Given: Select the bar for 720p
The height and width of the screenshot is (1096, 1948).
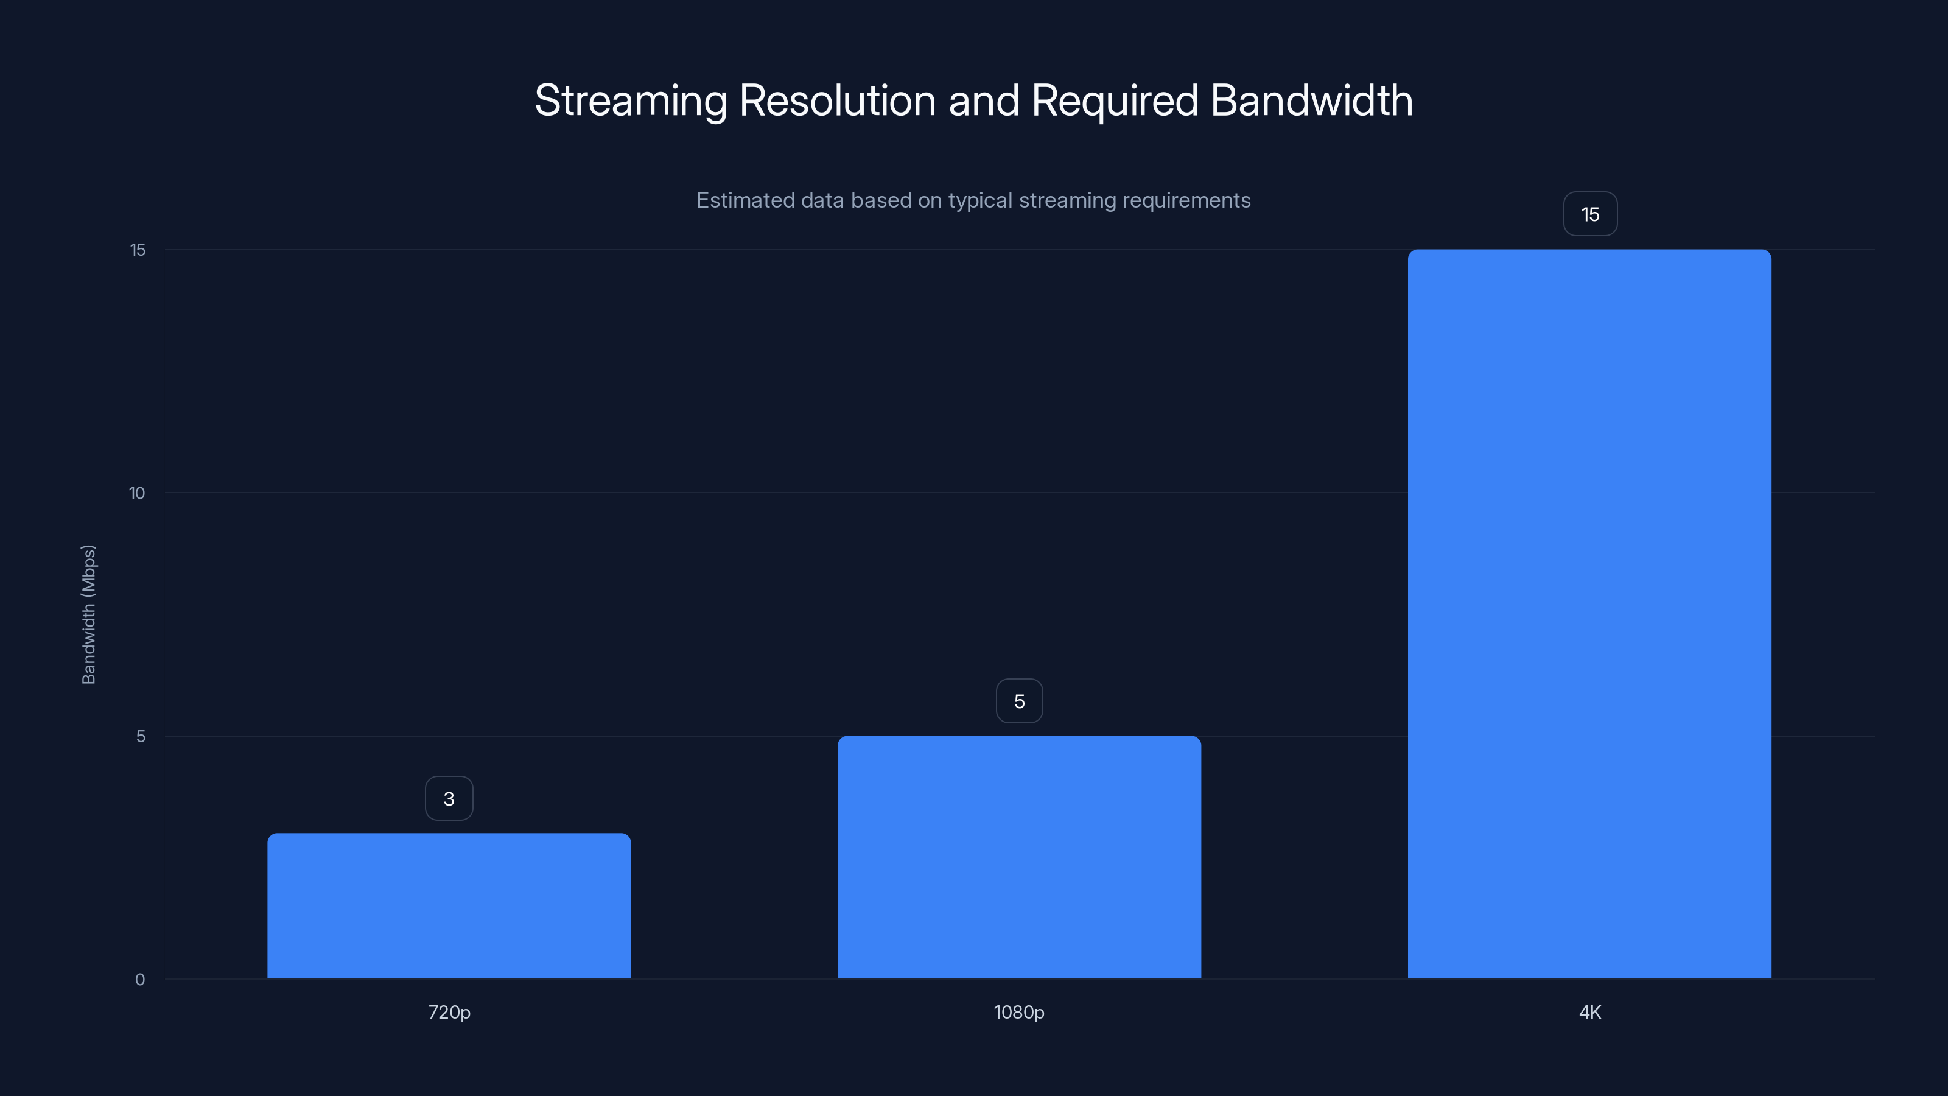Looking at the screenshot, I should click(449, 905).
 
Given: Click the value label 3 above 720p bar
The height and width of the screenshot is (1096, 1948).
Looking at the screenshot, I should click(449, 799).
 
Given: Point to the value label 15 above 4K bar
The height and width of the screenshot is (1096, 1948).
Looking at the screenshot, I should click(1589, 214).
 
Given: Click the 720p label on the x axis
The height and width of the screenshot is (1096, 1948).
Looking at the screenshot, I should click(449, 1012).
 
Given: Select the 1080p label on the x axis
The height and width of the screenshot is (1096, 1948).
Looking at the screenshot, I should click(1018, 1012).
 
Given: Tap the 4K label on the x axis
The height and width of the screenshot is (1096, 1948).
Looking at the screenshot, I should click(1589, 1012).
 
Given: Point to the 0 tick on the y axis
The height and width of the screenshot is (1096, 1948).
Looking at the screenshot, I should click(140, 980).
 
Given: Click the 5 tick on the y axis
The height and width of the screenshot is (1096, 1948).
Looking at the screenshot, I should click(141, 736).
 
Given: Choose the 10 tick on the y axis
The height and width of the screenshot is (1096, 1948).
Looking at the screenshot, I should click(137, 493).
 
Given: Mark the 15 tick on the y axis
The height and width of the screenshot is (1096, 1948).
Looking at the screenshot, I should click(138, 250).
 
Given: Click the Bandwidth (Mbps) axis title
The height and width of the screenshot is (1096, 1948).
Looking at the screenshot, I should click(88, 614).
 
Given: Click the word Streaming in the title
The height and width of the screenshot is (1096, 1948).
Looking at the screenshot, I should click(630, 101).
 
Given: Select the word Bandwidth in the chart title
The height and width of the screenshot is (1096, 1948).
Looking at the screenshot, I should click(1311, 100).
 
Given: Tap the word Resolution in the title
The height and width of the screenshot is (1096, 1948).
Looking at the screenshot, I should click(837, 100).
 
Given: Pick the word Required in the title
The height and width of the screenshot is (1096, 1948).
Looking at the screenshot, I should click(1115, 101).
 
